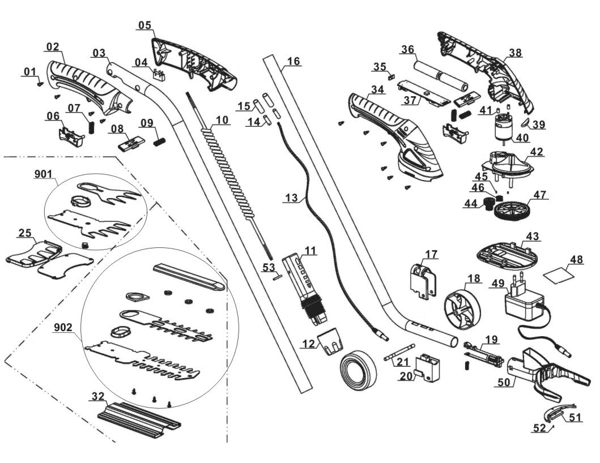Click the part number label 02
(x=53, y=46)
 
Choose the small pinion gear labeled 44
(x=487, y=204)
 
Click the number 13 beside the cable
(x=291, y=198)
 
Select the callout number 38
(x=515, y=53)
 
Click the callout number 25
(x=24, y=233)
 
